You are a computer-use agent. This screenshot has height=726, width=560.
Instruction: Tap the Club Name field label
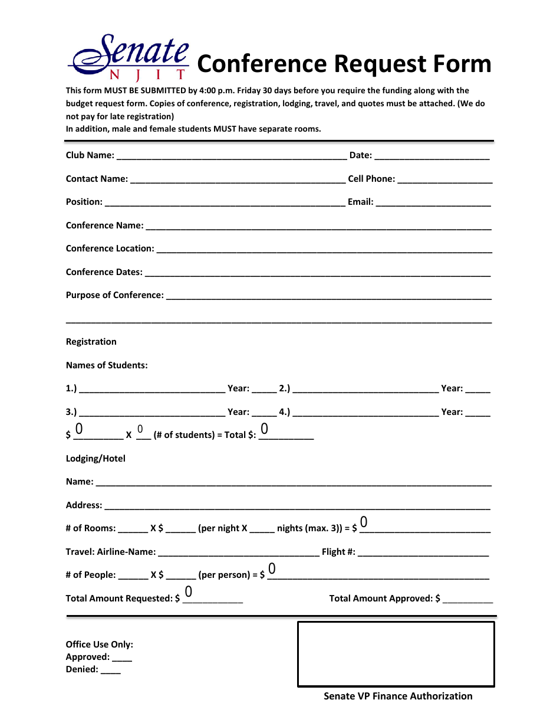pyautogui.click(x=90, y=155)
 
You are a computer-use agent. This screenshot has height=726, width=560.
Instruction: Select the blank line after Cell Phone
pyautogui.click(x=445, y=179)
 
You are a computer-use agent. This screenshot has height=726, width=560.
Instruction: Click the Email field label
pyautogui.click(x=360, y=202)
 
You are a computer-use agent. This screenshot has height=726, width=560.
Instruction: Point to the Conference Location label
pyautogui.click(x=110, y=248)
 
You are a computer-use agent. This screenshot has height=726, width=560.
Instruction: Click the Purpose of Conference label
pyautogui.click(x=114, y=295)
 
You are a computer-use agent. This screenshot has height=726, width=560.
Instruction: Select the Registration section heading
pyautogui.click(x=91, y=342)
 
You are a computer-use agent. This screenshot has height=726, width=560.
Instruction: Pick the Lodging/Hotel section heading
pyautogui.click(x=95, y=459)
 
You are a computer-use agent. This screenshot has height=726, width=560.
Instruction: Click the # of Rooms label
pyautogui.click(x=90, y=528)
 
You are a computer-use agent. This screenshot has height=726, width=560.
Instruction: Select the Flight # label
pyautogui.click(x=338, y=552)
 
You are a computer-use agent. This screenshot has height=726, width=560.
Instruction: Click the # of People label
pyautogui.click(x=90, y=575)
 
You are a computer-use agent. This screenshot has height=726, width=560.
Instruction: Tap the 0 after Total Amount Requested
pyautogui.click(x=189, y=591)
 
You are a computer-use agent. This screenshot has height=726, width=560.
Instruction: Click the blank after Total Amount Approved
pyautogui.click(x=467, y=600)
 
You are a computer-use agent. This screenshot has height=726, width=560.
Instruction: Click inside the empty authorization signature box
pyautogui.click(x=396, y=654)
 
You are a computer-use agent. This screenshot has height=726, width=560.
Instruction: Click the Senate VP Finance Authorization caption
pyautogui.click(x=398, y=696)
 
